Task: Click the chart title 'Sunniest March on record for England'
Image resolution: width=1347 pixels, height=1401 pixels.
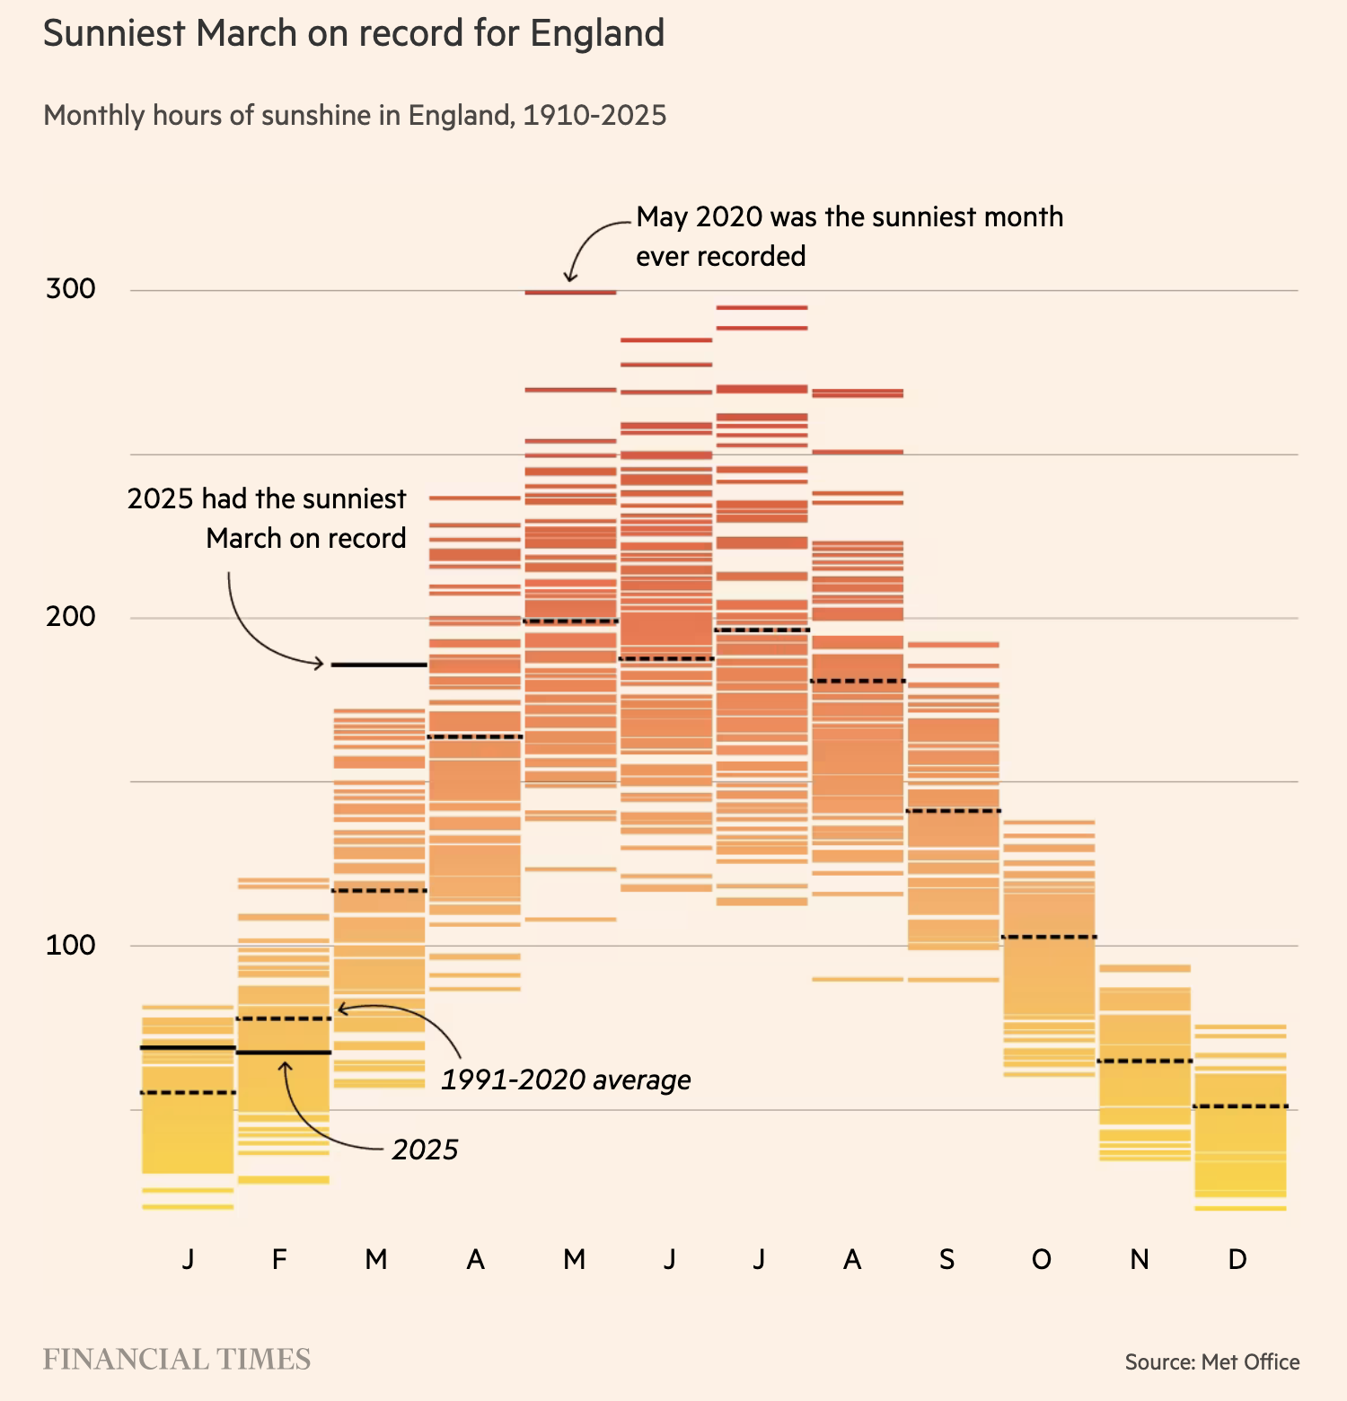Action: [x=354, y=34]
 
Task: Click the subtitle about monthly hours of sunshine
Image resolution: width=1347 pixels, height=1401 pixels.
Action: [x=355, y=116]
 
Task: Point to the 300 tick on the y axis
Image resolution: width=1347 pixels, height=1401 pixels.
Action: [x=70, y=289]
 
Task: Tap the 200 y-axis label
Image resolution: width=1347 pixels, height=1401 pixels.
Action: [x=70, y=617]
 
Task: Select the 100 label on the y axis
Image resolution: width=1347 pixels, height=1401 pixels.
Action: [x=70, y=945]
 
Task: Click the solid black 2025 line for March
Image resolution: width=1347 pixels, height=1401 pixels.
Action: [x=379, y=665]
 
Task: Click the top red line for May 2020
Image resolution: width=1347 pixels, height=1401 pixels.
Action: [x=571, y=292]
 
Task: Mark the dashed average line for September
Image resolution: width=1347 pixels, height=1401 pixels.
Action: [x=954, y=811]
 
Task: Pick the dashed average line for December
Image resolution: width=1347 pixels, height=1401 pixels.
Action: [x=1241, y=1106]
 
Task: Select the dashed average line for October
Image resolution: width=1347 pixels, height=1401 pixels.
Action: [x=1049, y=937]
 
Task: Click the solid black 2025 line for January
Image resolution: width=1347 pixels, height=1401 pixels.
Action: [x=189, y=1048]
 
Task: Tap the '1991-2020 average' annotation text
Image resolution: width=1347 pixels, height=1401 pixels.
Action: [x=566, y=1079]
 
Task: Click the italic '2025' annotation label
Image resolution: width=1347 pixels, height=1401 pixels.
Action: [x=425, y=1150]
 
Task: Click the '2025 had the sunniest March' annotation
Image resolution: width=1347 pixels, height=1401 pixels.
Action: [x=267, y=518]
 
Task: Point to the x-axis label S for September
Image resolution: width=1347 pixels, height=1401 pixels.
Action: [x=946, y=1260]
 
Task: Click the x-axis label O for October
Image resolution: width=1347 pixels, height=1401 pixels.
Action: [x=1042, y=1260]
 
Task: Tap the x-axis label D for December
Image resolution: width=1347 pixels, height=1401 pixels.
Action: [x=1237, y=1260]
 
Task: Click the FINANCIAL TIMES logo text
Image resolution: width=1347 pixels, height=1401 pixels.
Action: [x=177, y=1360]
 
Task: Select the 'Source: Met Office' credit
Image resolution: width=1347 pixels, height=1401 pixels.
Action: [x=1212, y=1362]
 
